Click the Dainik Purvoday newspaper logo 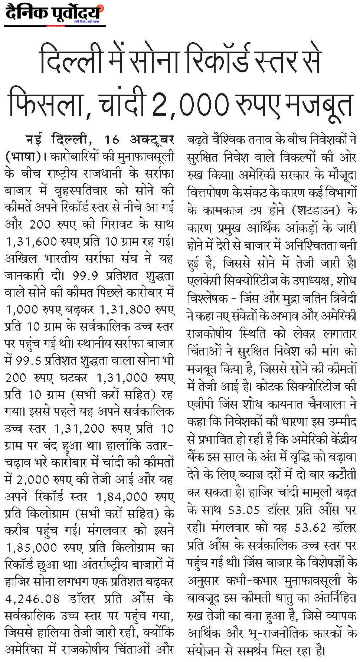(54, 14)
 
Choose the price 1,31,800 (121, 310)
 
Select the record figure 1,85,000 (31, 548)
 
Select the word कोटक (270, 386)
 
